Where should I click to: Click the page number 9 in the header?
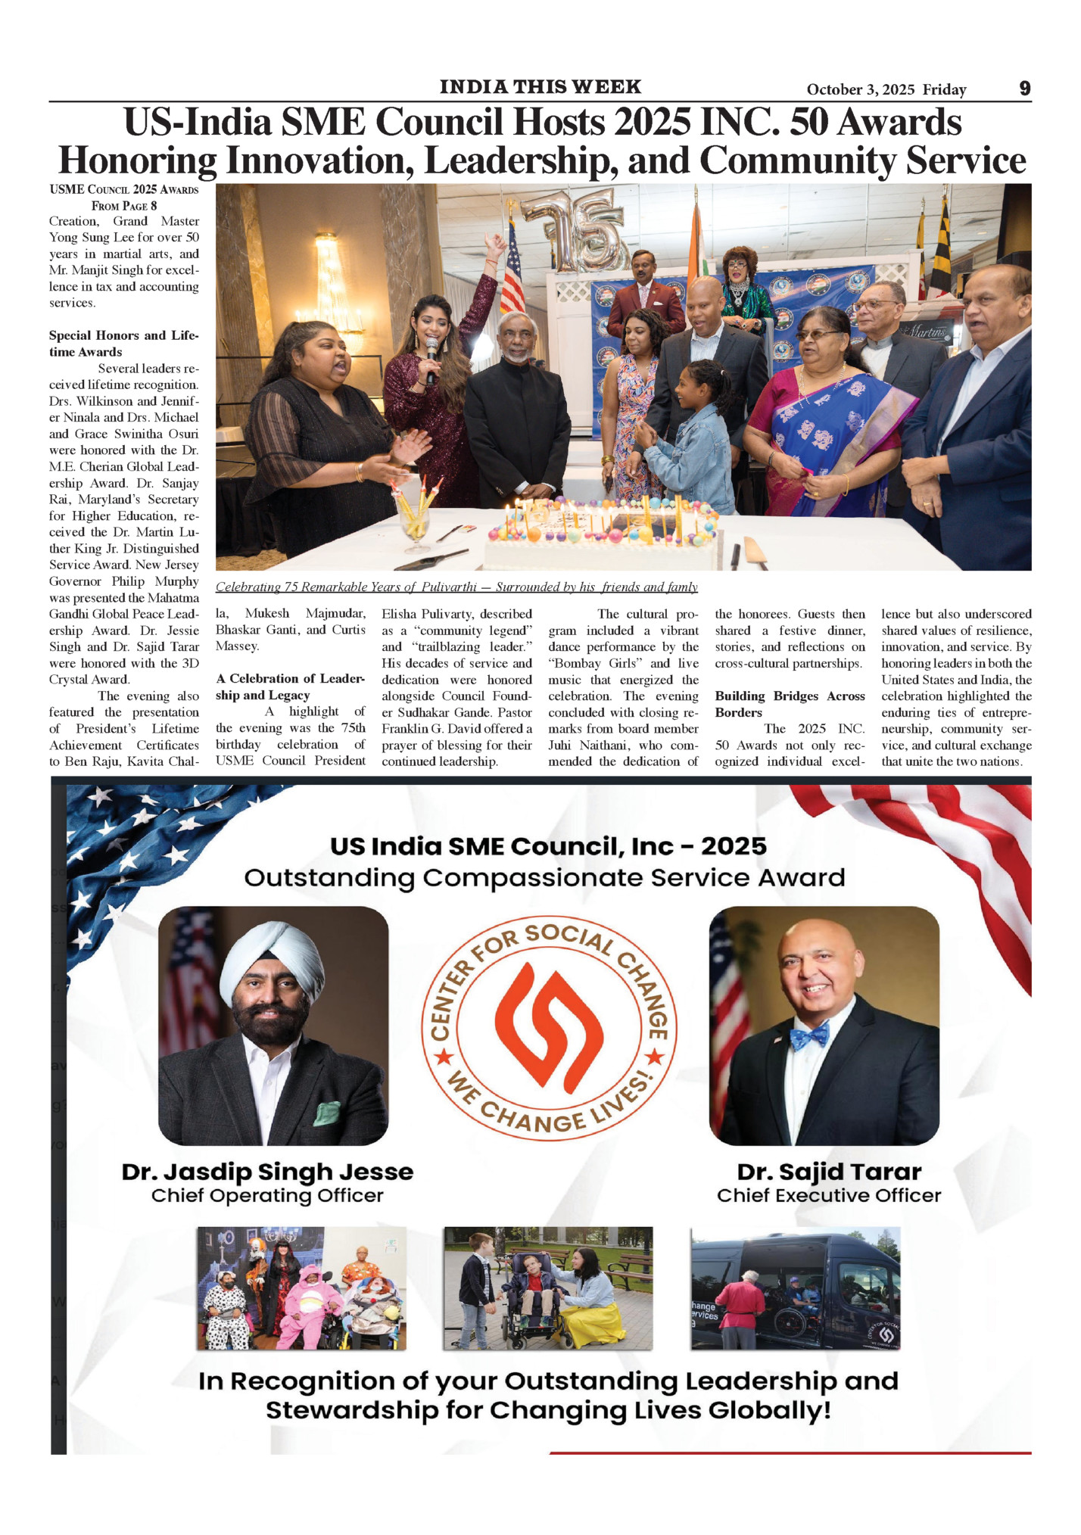pyautogui.click(x=1024, y=89)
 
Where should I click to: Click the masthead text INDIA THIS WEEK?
pyautogui.click(x=540, y=87)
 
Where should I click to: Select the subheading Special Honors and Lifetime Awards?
pyautogui.click(x=123, y=344)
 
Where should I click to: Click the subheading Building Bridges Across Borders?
pyautogui.click(x=789, y=704)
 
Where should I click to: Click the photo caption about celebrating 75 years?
pyautogui.click(x=456, y=587)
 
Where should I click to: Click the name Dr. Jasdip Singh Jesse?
pyautogui.click(x=267, y=1172)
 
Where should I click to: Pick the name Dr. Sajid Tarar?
pyautogui.click(x=829, y=1172)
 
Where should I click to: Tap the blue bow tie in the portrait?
pyautogui.click(x=808, y=1035)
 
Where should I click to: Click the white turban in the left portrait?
pyautogui.click(x=270, y=961)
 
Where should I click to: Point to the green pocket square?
pyautogui.click(x=327, y=1112)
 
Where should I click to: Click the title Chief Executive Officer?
pyautogui.click(x=829, y=1196)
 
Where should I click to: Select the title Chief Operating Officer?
pyautogui.click(x=267, y=1196)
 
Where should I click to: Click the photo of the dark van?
pyautogui.click(x=795, y=1288)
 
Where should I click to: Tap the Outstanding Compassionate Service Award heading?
pyautogui.click(x=544, y=878)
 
